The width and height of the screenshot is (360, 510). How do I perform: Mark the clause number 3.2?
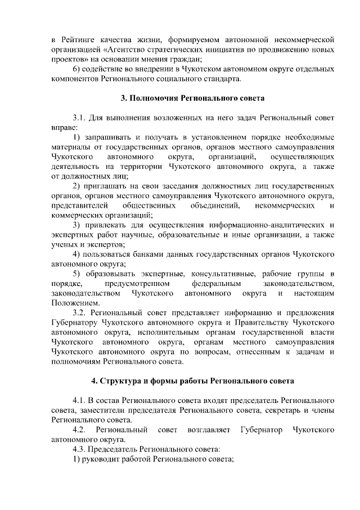(x=81, y=312)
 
